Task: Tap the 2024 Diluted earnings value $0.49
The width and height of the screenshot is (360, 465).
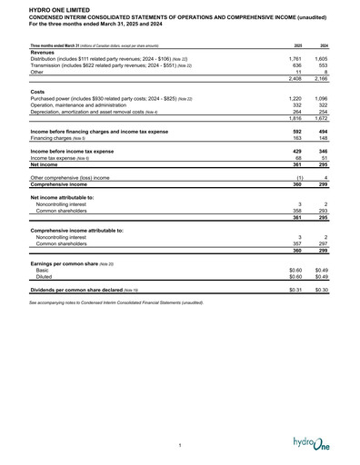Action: [x=321, y=277]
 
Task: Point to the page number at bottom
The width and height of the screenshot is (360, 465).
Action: [x=180, y=444]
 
